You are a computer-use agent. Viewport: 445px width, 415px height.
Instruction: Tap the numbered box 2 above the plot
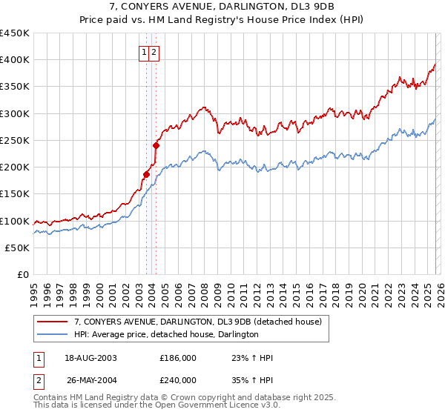(x=154, y=52)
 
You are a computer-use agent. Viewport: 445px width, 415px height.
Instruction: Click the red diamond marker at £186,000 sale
(x=147, y=175)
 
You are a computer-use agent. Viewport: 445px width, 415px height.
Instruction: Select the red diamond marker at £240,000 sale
(x=156, y=145)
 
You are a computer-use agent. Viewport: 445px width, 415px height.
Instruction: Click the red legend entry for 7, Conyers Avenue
(x=197, y=322)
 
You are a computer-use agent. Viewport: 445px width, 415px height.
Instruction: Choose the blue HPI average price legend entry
(x=166, y=335)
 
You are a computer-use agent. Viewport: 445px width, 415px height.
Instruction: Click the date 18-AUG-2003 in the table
(x=90, y=358)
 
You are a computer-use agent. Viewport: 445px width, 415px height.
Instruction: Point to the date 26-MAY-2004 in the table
(x=91, y=379)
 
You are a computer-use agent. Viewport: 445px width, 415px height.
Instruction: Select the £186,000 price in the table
(x=178, y=358)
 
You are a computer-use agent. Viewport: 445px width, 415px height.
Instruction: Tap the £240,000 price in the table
(x=178, y=379)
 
